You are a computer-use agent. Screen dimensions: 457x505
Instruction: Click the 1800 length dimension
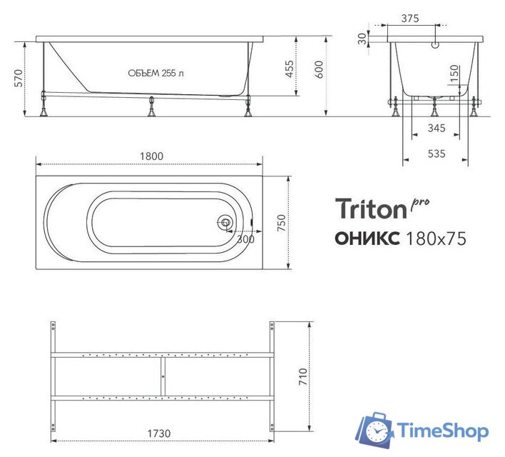click(x=152, y=156)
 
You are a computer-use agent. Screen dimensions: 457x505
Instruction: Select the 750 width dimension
click(x=281, y=224)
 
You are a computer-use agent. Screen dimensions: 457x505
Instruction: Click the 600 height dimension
click(x=320, y=69)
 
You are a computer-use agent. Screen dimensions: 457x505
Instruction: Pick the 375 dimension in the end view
click(x=410, y=19)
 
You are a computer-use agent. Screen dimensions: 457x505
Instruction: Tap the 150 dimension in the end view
click(x=454, y=74)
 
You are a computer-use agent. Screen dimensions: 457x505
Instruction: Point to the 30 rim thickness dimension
click(x=362, y=37)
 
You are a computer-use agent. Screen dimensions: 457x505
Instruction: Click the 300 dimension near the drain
click(x=245, y=239)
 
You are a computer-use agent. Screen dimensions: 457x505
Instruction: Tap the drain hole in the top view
click(x=225, y=223)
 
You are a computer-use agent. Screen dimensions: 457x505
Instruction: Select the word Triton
click(x=369, y=210)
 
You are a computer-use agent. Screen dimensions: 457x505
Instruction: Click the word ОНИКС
click(x=367, y=238)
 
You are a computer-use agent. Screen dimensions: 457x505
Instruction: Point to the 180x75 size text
click(x=435, y=238)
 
